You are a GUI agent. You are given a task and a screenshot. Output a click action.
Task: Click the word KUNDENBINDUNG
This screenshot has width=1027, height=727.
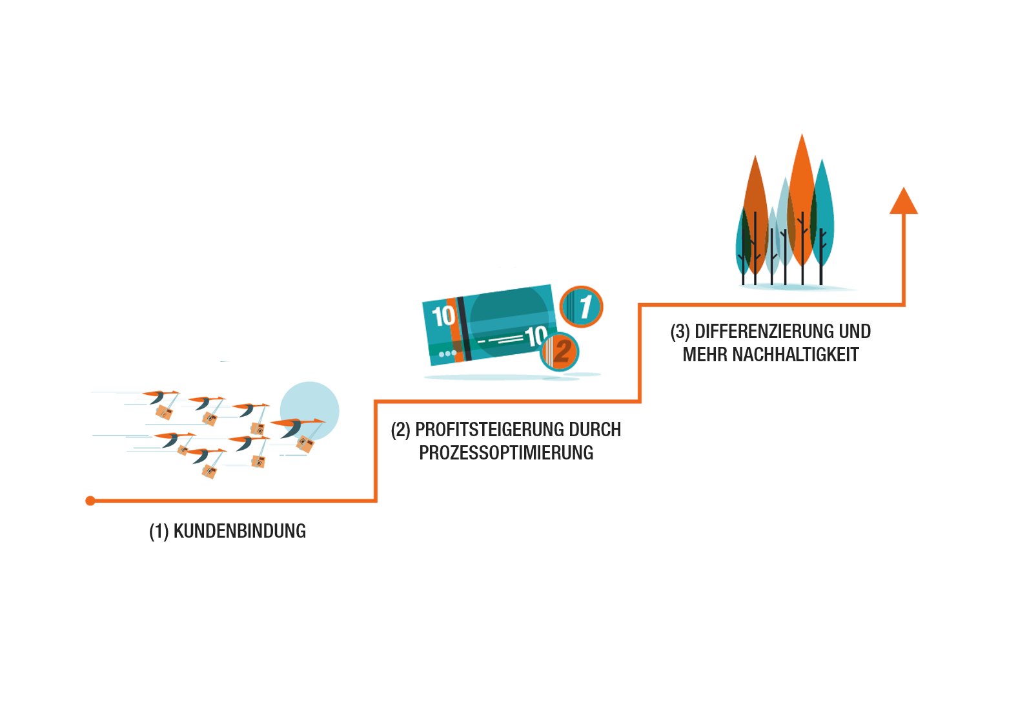point(239,531)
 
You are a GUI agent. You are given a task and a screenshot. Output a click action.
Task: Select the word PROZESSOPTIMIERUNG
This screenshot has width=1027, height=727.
point(506,453)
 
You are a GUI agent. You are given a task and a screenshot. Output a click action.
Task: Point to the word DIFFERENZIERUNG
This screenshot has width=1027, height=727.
point(764,332)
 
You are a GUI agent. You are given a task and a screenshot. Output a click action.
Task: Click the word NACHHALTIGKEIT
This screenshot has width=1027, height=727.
point(796,355)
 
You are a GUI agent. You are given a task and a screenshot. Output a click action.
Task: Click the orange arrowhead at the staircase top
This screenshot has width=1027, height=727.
point(903,201)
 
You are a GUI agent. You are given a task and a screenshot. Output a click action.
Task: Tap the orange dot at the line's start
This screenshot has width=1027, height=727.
point(90,501)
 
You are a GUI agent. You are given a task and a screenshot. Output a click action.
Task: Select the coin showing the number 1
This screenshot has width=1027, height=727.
point(582,306)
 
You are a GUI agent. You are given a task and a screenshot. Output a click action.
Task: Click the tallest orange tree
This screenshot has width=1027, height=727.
point(802,194)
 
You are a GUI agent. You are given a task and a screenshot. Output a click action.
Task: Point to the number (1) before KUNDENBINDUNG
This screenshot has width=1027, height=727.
point(159,531)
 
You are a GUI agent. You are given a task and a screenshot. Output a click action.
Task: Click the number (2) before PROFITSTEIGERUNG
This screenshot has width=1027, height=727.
point(400,430)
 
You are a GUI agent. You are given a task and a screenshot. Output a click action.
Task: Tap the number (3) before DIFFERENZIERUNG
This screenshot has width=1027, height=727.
point(680,332)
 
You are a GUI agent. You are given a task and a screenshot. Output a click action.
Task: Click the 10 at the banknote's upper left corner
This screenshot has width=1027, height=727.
point(443,316)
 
